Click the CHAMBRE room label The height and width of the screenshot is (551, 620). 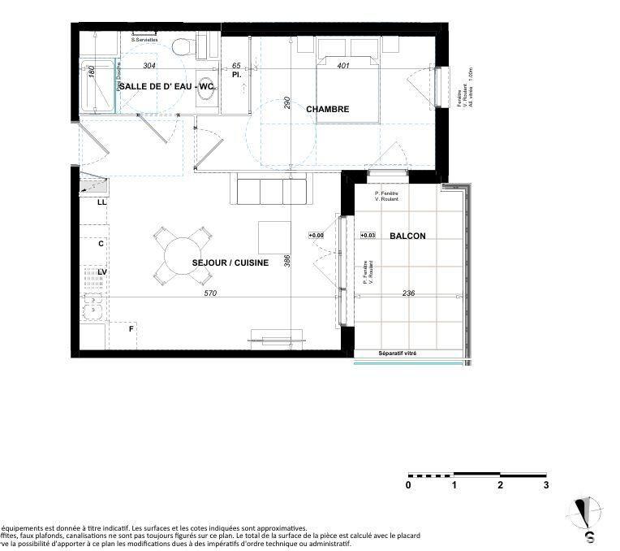click(328, 109)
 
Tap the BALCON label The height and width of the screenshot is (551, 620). click(407, 236)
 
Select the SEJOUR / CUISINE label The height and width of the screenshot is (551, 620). click(230, 263)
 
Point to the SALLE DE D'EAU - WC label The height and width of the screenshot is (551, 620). click(166, 85)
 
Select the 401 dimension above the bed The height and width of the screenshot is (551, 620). click(343, 66)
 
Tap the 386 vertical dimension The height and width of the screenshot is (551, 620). click(286, 260)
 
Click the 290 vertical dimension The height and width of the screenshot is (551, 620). click(286, 103)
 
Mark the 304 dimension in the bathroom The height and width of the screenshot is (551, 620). click(149, 66)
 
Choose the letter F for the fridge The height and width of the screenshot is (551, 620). click(131, 329)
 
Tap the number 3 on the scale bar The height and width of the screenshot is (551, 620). click(546, 485)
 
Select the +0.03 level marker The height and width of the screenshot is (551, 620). click(368, 236)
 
